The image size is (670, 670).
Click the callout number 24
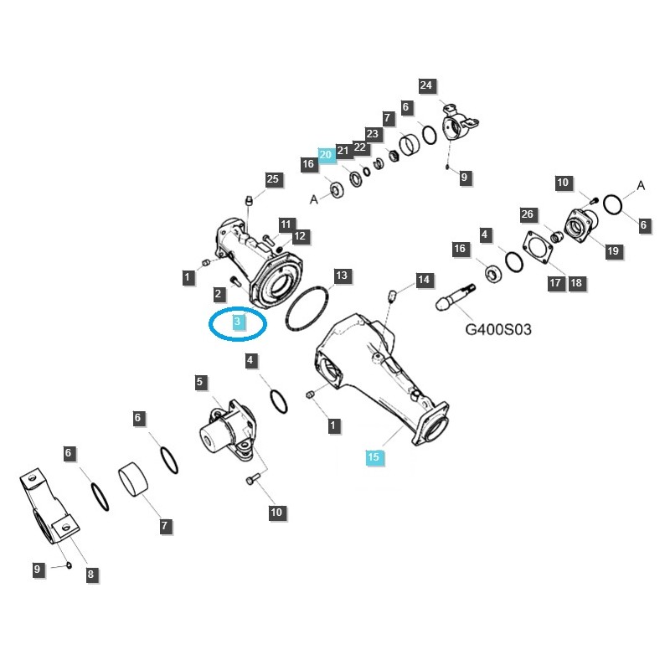427,85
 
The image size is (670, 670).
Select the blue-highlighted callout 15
374,456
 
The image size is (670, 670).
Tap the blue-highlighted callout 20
327,154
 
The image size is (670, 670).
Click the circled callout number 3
238,322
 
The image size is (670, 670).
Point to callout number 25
273,179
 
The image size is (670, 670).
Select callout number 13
341,276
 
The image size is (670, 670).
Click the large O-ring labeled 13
307,311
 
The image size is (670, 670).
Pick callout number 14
425,279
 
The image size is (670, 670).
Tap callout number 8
90,575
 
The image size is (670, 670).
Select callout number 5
200,383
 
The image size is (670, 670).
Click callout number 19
613,250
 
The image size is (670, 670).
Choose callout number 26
527,214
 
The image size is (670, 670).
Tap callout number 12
299,236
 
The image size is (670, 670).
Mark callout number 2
218,294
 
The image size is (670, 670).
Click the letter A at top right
642,185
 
